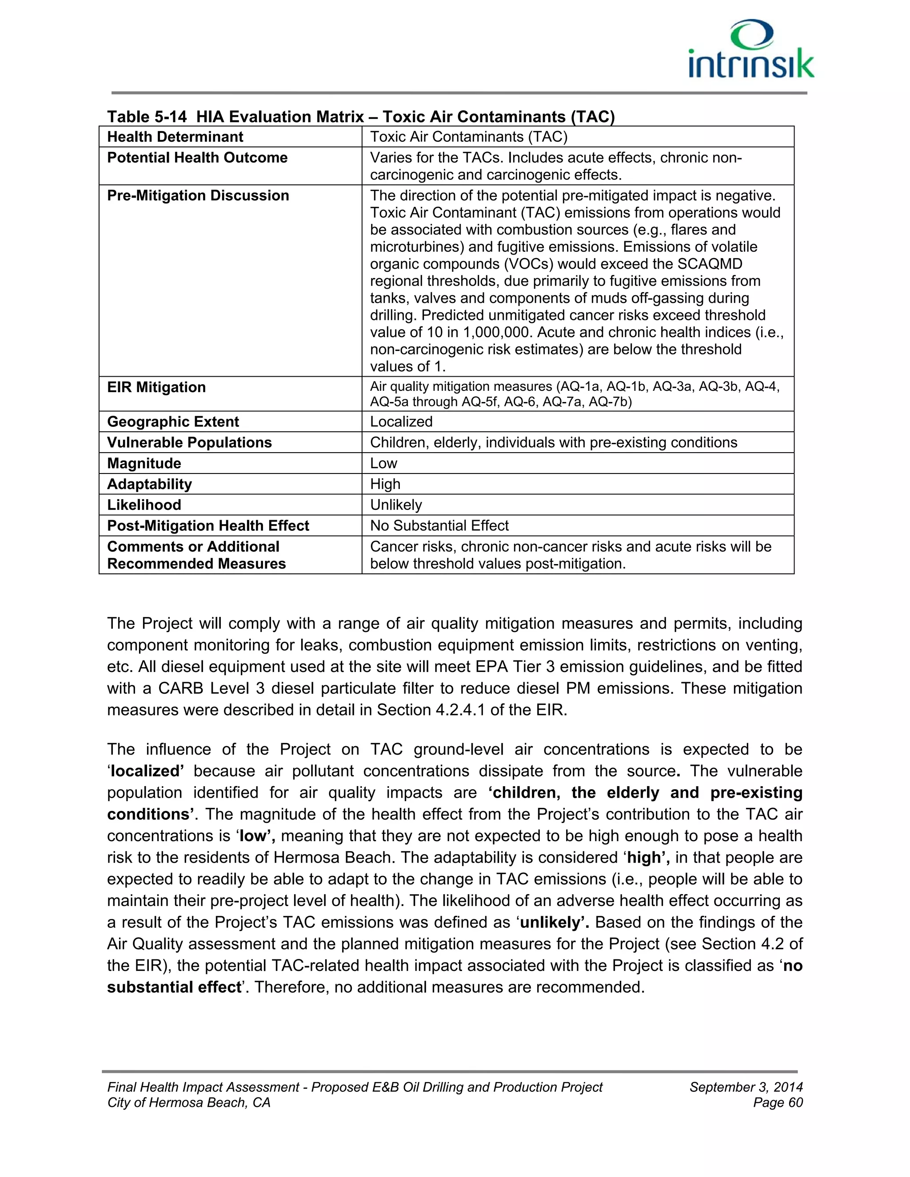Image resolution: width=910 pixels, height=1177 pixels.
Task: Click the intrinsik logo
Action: pos(751,50)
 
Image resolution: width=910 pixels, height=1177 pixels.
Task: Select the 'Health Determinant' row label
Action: pos(175,137)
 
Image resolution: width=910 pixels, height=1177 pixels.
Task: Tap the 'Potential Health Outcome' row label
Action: pos(197,158)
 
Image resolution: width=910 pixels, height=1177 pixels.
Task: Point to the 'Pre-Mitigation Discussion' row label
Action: pos(198,195)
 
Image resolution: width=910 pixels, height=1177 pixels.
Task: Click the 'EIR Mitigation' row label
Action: pos(156,387)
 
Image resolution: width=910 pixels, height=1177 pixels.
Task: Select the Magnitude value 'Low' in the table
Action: pos(383,463)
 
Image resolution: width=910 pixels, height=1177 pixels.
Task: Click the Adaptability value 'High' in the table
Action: pos(385,485)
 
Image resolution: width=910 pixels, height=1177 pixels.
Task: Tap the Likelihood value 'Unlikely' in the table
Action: pos(396,505)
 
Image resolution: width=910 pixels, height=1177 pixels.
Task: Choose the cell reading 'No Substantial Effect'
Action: pos(439,526)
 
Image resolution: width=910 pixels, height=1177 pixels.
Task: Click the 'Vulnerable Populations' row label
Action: pos(189,443)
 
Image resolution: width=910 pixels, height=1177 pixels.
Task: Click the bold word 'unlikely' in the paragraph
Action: pos(552,922)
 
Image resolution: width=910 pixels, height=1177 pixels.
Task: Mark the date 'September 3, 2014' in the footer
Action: pos(746,1087)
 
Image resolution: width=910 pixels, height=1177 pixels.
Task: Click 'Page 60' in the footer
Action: pos(778,1103)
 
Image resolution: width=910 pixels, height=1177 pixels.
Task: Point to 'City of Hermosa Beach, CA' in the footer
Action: pos(189,1103)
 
